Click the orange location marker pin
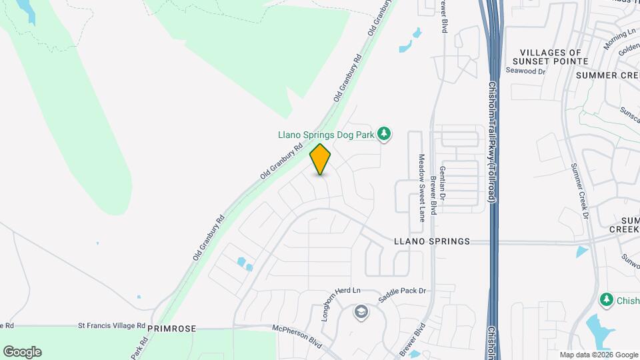[321, 159]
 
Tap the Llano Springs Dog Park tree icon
[384, 135]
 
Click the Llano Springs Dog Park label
[325, 135]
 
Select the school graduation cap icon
[361, 312]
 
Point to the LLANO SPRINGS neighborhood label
[432, 241]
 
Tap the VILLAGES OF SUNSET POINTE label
[554, 57]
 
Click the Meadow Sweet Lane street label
[421, 188]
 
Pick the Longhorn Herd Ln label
[341, 303]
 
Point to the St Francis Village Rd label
[111, 326]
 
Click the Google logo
[22, 352]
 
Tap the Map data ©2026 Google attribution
[599, 355]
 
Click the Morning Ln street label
[619, 39]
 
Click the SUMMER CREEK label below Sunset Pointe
[607, 75]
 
